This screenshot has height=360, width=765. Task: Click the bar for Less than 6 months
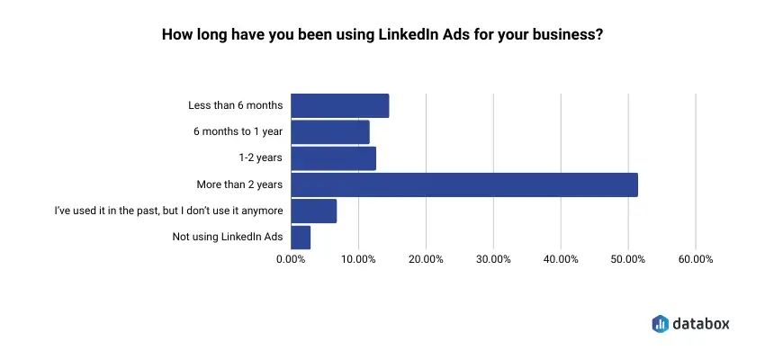(340, 105)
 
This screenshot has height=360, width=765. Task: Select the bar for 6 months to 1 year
(330, 131)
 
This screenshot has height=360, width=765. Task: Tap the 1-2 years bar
(334, 158)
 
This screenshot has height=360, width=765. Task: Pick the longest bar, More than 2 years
(464, 184)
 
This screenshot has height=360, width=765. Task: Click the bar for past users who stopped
(314, 211)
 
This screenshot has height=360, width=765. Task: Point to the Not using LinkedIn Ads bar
(301, 237)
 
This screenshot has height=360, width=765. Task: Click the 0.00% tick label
(291, 259)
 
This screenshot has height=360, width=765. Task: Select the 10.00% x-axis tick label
(358, 259)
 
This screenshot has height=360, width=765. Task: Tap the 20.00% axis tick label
(426, 259)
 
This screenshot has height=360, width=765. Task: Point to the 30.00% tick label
(493, 259)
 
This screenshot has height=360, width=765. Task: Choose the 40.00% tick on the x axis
(561, 259)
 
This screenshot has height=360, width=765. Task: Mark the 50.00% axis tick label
(628, 259)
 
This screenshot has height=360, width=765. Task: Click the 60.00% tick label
(696, 259)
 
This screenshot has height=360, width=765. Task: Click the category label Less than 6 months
(235, 105)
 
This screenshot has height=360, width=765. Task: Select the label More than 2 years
(239, 184)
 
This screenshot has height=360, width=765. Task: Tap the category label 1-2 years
(261, 158)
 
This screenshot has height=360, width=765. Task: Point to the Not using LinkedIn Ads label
(228, 237)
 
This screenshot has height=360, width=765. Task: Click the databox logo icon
(660, 322)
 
